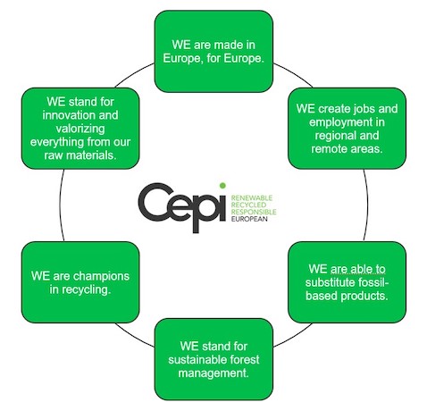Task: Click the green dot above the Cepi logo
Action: [x=222, y=186]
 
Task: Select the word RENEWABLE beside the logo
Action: [x=252, y=197]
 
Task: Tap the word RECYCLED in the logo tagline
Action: [x=248, y=205]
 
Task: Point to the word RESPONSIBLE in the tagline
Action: [x=254, y=212]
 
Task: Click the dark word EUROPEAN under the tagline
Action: [x=249, y=219]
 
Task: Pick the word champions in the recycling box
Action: [x=101, y=277]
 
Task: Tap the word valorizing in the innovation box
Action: [x=80, y=129]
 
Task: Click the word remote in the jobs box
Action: [x=329, y=149]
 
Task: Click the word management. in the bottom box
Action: [x=213, y=373]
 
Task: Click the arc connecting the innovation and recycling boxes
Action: [x=60, y=205]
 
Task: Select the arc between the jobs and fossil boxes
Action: [x=367, y=205]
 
